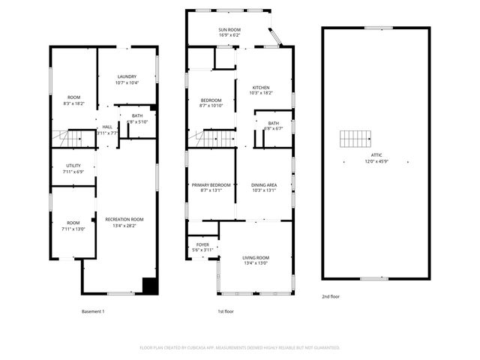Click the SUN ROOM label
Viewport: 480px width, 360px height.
229,29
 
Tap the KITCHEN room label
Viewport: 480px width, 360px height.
260,88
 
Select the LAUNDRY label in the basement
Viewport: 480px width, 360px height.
127,76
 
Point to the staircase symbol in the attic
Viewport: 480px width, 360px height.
355,139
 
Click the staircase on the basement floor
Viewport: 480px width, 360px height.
68,138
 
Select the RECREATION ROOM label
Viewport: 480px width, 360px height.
124,219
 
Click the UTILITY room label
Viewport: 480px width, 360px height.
73,166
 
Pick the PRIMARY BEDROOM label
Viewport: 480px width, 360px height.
211,184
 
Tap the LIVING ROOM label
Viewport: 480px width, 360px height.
256,257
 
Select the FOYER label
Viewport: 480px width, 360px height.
202,244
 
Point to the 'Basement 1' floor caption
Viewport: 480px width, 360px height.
93,311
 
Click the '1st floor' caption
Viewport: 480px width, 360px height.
226,311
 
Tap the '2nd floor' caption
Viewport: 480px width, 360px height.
331,296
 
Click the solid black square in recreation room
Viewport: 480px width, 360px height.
150,285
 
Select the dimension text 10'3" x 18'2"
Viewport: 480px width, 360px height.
260,93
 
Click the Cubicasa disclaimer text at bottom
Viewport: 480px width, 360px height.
240,347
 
